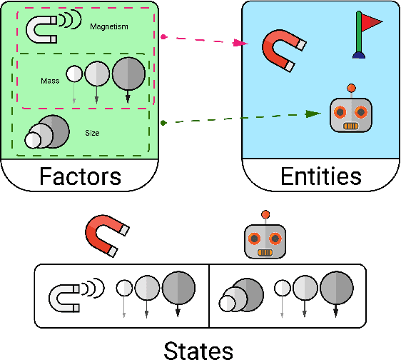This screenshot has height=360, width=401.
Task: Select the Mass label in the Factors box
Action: point(49,81)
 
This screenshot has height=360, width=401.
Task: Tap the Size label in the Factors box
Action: point(92,132)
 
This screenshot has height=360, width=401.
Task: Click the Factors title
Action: point(80,175)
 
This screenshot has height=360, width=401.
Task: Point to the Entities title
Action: point(320,175)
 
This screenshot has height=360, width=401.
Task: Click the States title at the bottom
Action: point(199,350)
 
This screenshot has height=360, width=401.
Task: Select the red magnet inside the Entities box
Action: point(283,52)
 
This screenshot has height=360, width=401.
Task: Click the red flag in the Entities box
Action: point(370,24)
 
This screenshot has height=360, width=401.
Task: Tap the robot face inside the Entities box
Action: point(350,114)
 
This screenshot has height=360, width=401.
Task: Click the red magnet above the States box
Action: point(107,236)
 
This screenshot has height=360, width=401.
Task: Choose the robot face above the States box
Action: point(265,241)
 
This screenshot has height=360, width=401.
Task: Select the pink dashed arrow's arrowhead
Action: point(244,44)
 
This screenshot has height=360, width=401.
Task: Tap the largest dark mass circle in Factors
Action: point(128,73)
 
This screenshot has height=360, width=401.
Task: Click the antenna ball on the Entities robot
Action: point(350,89)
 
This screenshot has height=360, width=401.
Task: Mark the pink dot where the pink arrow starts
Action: point(163,36)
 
